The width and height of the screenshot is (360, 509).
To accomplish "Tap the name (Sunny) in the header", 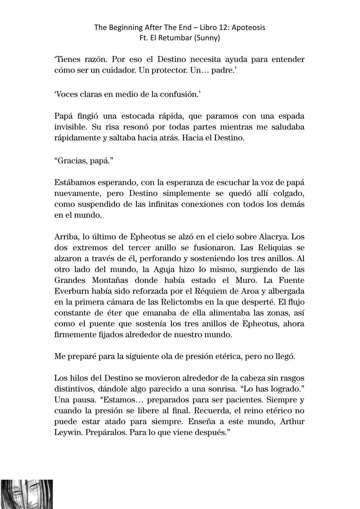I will tap(207, 38).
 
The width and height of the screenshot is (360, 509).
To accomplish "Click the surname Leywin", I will tap(68, 432).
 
